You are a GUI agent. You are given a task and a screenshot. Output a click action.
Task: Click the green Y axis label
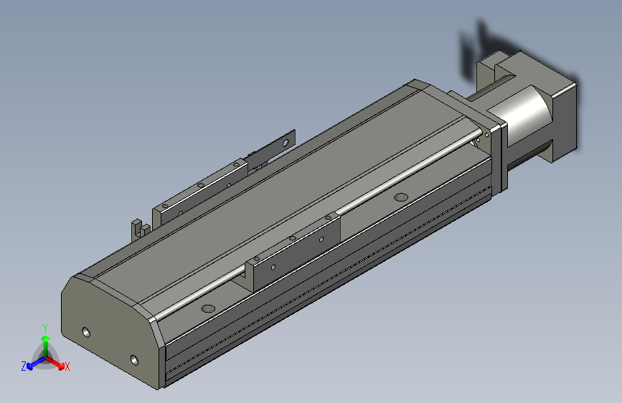45,328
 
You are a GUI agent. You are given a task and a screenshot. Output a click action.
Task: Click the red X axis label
67,366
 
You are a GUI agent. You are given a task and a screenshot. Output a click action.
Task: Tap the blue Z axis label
24,366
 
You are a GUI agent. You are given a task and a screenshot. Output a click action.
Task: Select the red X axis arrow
55,363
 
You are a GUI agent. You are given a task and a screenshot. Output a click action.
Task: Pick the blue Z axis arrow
37,363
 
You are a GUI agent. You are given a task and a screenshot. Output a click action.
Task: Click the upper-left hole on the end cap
86,332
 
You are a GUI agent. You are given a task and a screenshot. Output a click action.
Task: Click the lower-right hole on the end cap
134,360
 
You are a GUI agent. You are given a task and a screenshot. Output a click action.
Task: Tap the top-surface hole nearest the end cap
208,308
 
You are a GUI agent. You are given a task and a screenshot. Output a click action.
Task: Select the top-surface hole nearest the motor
401,196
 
